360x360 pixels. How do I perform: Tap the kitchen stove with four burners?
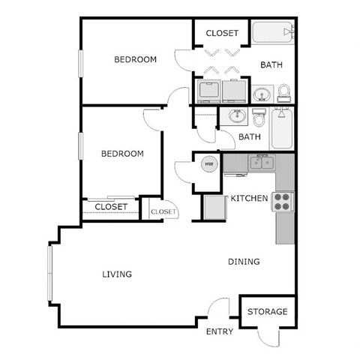pyautogui.click(x=283, y=201)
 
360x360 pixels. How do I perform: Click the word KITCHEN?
pyautogui.click(x=249, y=198)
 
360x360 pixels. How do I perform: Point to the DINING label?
pyautogui.click(x=244, y=262)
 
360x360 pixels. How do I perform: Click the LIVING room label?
pyautogui.click(x=117, y=274)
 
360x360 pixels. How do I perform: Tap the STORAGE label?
pyautogui.click(x=267, y=311)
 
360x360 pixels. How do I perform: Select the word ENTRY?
pyautogui.click(x=219, y=331)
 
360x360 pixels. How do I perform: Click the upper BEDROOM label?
pyautogui.click(x=135, y=59)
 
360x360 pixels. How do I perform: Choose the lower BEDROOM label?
pyautogui.click(x=122, y=154)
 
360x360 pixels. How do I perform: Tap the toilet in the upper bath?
pyautogui.click(x=284, y=91)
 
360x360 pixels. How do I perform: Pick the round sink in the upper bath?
pyautogui.click(x=262, y=94)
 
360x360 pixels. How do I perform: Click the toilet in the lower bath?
pyautogui.click(x=259, y=119)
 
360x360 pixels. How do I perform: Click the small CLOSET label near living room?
pyautogui.click(x=163, y=211)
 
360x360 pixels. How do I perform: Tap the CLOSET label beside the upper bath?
pyautogui.click(x=222, y=33)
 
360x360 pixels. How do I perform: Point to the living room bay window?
pyautogui.click(x=50, y=274)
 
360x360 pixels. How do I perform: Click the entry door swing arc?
pyautogui.click(x=218, y=307)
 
